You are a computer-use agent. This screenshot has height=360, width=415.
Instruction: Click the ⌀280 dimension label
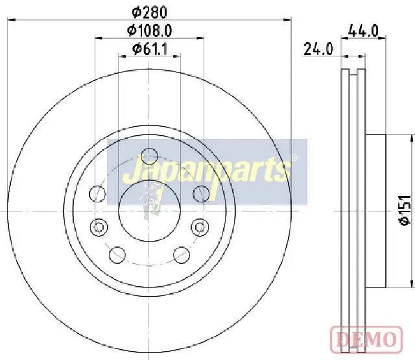click(150, 12)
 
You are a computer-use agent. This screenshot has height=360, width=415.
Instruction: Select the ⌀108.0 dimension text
click(150, 30)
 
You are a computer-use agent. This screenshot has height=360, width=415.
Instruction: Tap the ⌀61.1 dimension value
click(150, 49)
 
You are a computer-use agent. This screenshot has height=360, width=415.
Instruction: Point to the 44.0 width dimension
click(364, 30)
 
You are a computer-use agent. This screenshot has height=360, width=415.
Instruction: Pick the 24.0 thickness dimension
click(318, 49)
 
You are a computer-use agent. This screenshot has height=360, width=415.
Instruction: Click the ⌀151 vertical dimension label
click(405, 210)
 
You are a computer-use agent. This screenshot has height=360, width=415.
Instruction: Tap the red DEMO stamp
click(366, 340)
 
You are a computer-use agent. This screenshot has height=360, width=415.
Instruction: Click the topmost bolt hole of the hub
click(149, 156)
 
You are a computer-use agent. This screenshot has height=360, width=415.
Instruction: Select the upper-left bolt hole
click(97, 194)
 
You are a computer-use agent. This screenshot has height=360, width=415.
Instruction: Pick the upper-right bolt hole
click(201, 194)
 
